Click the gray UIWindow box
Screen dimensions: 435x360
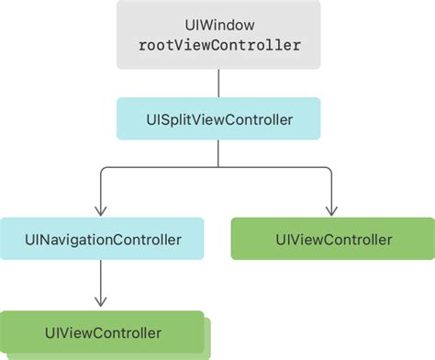pyautogui.click(x=218, y=34)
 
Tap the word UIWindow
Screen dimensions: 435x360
pyautogui.click(x=219, y=25)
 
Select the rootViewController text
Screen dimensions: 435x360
pyautogui.click(x=219, y=45)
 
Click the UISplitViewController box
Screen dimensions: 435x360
pyautogui.click(x=218, y=118)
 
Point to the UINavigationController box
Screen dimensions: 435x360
pyautogui.click(x=102, y=239)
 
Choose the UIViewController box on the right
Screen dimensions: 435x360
pyautogui.click(x=333, y=239)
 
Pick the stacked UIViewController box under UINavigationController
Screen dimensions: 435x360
pyautogui.click(x=102, y=332)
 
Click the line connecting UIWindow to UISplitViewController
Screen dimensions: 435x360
pyautogui.click(x=218, y=84)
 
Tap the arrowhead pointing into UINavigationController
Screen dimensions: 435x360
pyautogui.click(x=101, y=211)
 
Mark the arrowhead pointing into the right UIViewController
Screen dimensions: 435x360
pyautogui.click(x=331, y=211)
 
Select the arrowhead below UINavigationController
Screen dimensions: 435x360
pyautogui.click(x=101, y=302)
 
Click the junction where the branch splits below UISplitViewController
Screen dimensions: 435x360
pyautogui.click(x=218, y=167)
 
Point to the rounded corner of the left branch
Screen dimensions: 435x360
pyautogui.click(x=103, y=170)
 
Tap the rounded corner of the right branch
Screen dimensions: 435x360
pyautogui.click(x=329, y=170)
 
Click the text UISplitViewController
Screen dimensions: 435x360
pyautogui.click(x=219, y=119)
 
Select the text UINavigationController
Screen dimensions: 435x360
pyautogui.click(x=103, y=240)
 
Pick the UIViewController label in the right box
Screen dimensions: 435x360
pyautogui.click(x=334, y=240)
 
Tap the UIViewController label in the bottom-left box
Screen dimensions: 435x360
pyautogui.click(x=103, y=333)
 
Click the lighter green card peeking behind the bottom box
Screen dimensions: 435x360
pyautogui.click(x=207, y=338)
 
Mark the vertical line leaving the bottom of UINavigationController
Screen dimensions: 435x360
pyautogui.click(x=101, y=284)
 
